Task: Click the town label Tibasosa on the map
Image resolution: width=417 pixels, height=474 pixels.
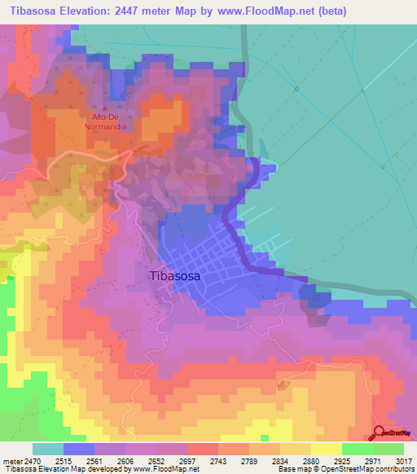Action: point(176,275)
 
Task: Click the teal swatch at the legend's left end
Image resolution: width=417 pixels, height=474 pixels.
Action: point(47,449)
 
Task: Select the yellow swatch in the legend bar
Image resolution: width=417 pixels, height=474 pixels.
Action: point(326,449)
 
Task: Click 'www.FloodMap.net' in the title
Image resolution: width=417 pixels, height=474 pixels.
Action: point(262,11)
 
